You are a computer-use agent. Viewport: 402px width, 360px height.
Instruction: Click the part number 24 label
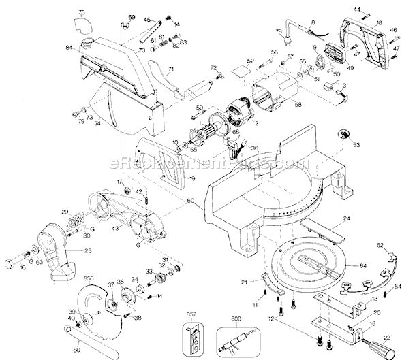pos(346,218)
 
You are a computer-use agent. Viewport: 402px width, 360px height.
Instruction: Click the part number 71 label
pos(172,69)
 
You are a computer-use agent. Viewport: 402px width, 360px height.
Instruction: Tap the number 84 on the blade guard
pos(69,47)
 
